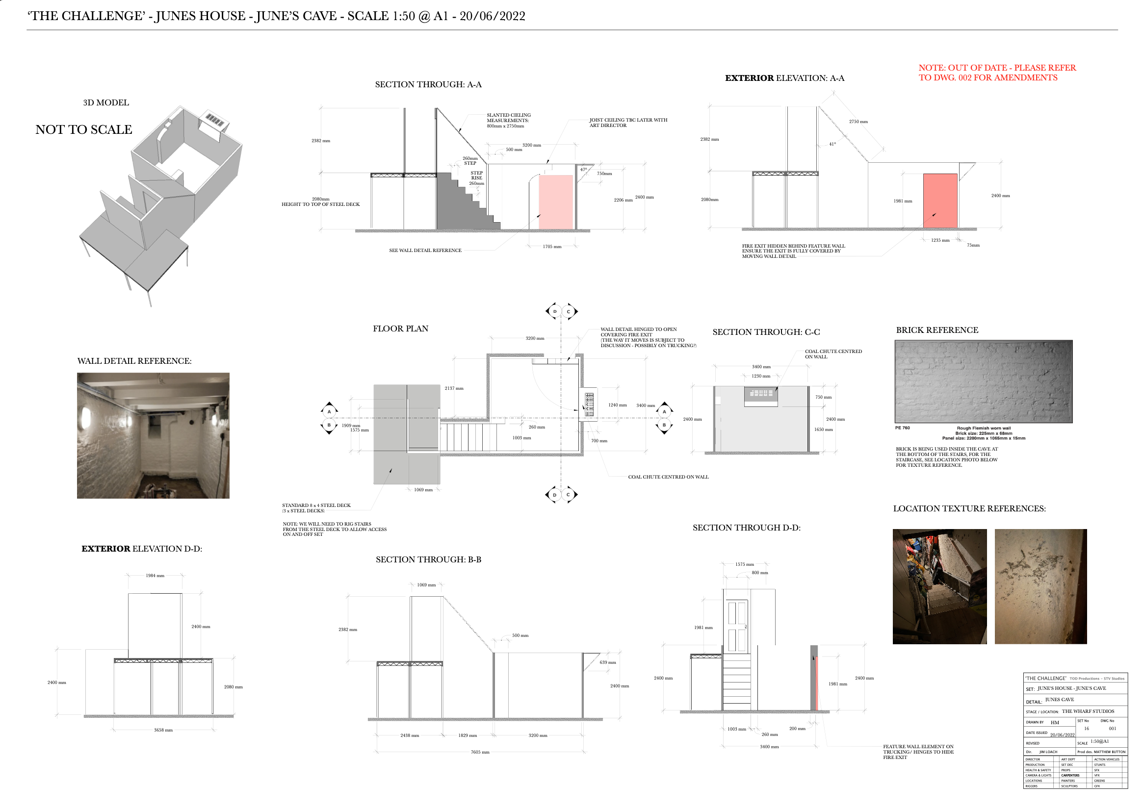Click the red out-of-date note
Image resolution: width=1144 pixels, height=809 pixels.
[x=997, y=73]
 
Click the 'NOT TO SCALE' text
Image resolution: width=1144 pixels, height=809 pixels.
[x=84, y=129]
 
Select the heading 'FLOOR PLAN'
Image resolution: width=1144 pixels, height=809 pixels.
[x=400, y=329]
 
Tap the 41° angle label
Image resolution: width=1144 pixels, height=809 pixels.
[x=832, y=145]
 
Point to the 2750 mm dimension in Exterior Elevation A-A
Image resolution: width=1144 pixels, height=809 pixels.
[x=858, y=122]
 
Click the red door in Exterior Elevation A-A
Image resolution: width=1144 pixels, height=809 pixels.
[x=940, y=201]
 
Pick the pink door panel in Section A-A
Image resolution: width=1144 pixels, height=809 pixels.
[x=556, y=202]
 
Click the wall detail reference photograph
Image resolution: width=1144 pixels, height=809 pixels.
[x=153, y=435]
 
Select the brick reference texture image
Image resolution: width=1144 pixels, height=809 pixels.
[x=983, y=381]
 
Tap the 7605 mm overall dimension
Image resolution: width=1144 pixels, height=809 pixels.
[x=480, y=752]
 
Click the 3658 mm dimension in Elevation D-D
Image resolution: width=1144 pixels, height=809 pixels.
[x=163, y=730]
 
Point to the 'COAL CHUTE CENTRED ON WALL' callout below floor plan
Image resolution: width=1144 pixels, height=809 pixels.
[x=668, y=477]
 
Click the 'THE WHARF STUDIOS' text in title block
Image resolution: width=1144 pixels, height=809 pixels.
[x=1088, y=711]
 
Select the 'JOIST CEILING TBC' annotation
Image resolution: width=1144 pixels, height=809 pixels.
[x=628, y=123]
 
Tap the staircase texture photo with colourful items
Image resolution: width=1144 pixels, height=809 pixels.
[x=939, y=586]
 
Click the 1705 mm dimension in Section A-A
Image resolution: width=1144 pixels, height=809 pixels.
[x=552, y=247]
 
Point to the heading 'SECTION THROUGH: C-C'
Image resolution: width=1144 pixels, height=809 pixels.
[x=766, y=332]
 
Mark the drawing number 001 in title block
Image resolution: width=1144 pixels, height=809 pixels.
[x=1112, y=729]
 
